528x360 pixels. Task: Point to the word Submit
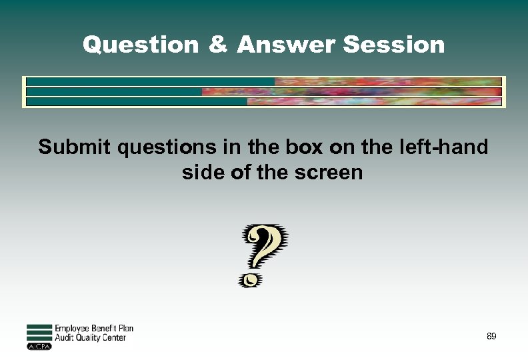tap(75, 147)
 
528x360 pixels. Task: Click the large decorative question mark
tap(265, 247)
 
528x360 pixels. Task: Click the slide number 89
tap(491, 337)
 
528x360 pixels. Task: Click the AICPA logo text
tap(39, 347)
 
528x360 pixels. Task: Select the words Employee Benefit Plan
tap(94, 329)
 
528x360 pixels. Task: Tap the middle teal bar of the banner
tap(114, 92)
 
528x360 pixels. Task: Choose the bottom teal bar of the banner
tap(137, 102)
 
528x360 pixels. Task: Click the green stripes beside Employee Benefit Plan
tap(39, 333)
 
